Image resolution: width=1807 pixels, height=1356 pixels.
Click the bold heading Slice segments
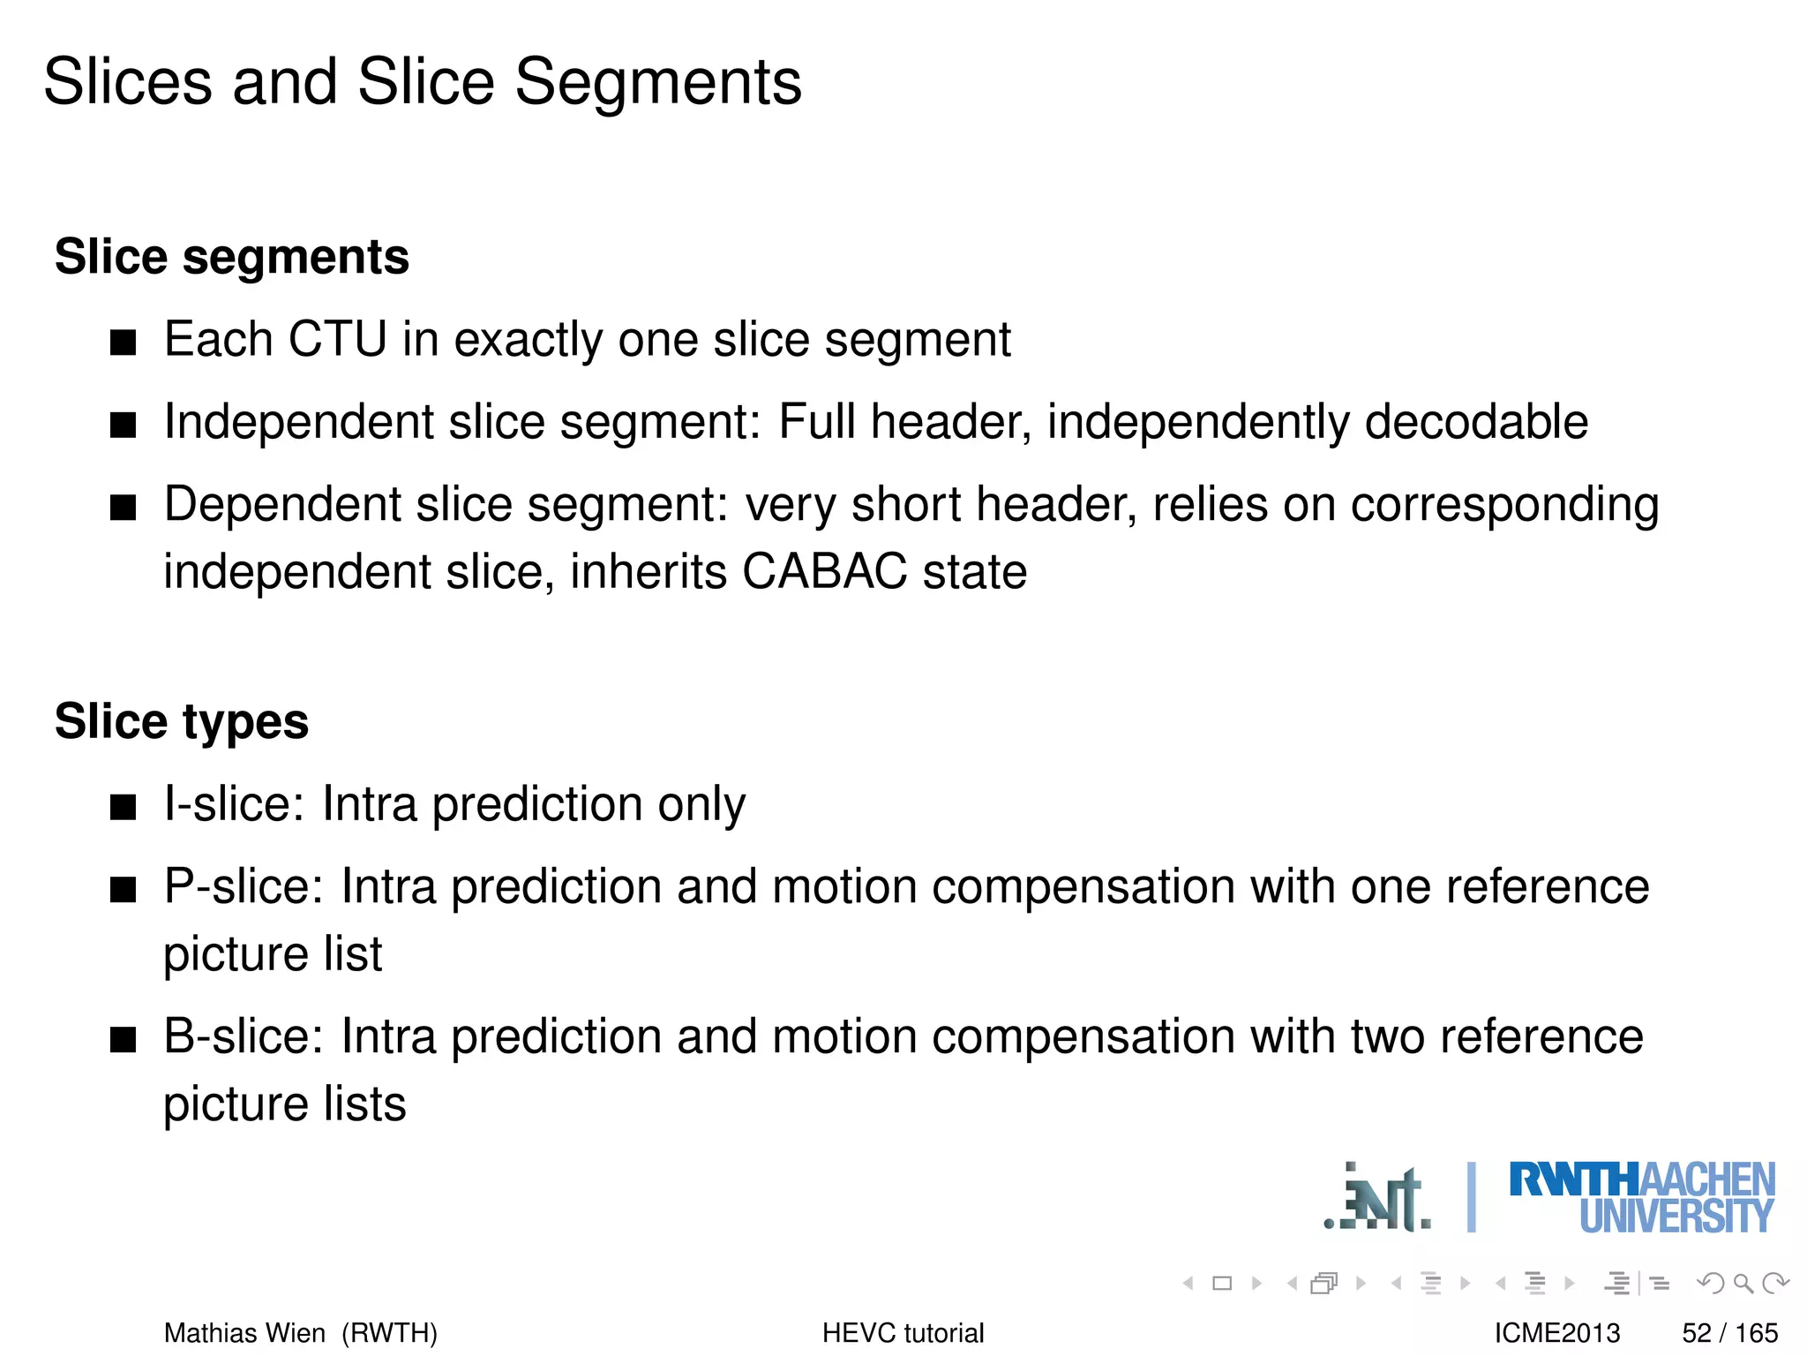point(232,257)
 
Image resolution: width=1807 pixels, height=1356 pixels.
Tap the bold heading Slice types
point(182,721)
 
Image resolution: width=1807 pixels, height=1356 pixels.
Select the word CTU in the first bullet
point(337,339)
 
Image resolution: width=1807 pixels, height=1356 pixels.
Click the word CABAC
point(824,571)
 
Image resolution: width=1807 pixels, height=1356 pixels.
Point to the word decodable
point(1476,421)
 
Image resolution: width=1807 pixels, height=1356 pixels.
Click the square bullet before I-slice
point(124,806)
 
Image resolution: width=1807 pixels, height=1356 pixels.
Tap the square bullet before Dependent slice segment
point(124,507)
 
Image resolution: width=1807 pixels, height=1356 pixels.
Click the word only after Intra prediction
point(701,804)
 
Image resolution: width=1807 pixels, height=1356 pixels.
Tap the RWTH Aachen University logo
point(1641,1198)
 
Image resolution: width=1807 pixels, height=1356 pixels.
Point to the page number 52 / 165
point(1729,1332)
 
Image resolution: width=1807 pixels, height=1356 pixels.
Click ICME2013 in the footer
point(1557,1332)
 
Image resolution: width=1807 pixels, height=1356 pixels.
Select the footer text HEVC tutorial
point(903,1332)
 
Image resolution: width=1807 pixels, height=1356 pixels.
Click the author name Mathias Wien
point(244,1332)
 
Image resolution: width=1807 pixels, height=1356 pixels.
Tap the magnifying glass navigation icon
point(1742,1283)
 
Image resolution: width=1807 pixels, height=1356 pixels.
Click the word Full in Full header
point(816,421)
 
